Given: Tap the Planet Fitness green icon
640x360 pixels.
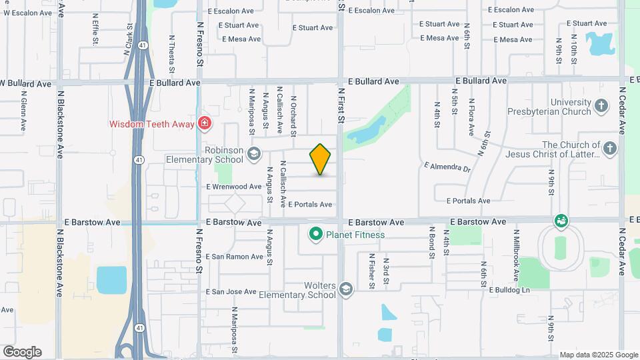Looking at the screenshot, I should [x=315, y=234].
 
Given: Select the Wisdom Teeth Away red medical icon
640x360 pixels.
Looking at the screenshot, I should [x=205, y=123].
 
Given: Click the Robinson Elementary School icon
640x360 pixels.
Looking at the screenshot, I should [x=253, y=155].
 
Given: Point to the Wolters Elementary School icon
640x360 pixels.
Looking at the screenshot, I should [x=345, y=289].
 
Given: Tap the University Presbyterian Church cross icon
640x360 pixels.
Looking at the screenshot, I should [x=601, y=106].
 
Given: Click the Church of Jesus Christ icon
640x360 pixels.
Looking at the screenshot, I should [x=610, y=149].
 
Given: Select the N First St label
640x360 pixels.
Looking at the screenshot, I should [x=341, y=105].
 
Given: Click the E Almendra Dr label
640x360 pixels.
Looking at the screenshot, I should [x=447, y=165].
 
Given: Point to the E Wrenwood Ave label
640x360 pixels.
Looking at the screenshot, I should [x=234, y=187].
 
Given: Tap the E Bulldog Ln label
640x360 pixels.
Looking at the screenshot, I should [x=509, y=290].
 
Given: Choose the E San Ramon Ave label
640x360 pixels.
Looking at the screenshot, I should [x=234, y=257].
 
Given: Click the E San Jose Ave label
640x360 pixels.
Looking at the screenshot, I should [x=231, y=292].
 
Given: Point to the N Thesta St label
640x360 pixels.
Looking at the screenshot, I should [x=171, y=53].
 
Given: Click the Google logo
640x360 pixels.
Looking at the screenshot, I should [x=22, y=352].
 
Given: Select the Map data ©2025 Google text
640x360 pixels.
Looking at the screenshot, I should [x=598, y=355].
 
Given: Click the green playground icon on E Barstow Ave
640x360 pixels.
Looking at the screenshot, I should [x=561, y=221].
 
